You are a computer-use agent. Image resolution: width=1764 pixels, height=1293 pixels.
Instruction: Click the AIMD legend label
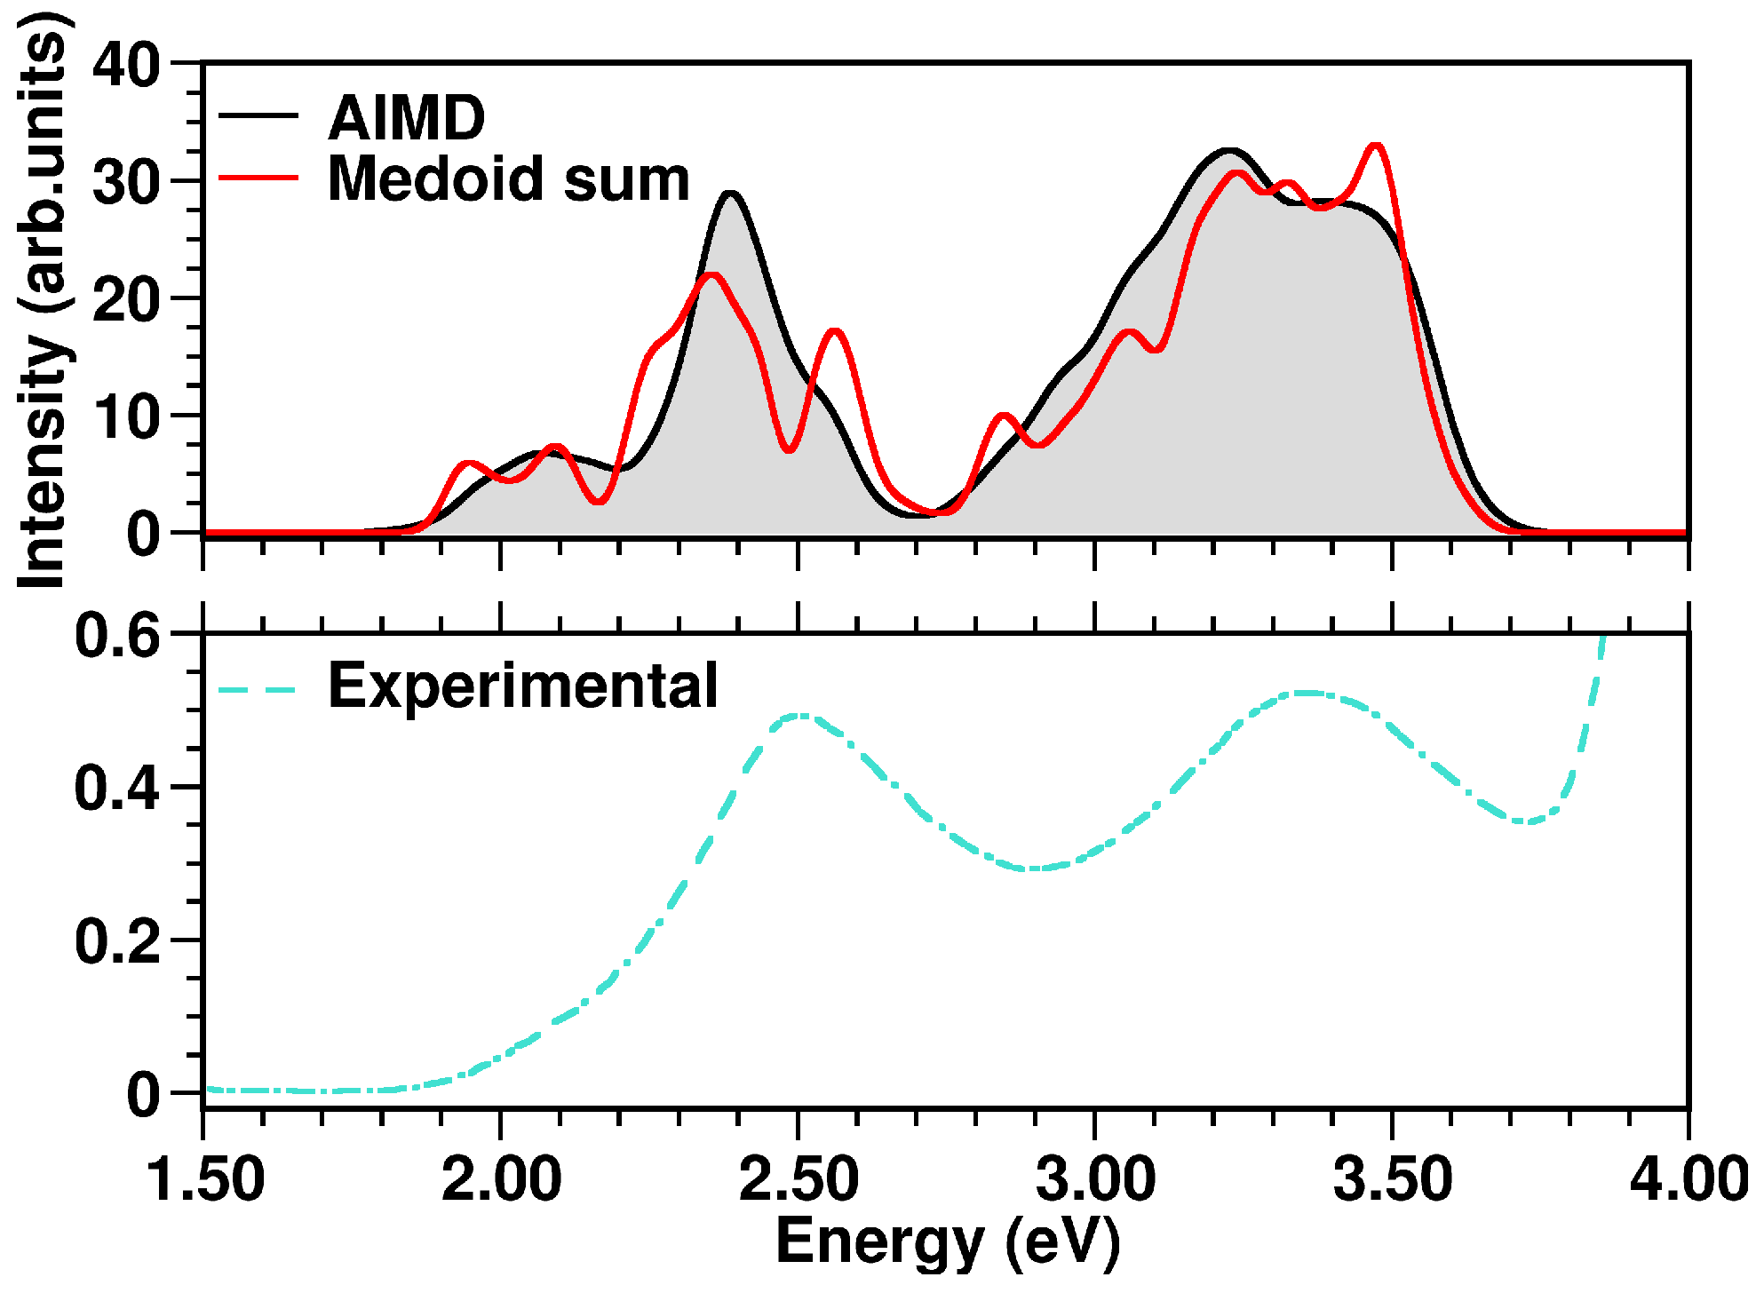(x=406, y=117)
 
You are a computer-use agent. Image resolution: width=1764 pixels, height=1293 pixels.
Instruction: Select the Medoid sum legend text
(x=508, y=179)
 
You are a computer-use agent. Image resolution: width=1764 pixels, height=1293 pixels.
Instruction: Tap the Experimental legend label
(x=522, y=686)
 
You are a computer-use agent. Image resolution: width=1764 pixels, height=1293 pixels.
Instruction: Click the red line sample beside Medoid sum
(x=258, y=178)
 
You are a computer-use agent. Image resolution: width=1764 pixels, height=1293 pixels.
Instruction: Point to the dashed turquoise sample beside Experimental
(x=258, y=690)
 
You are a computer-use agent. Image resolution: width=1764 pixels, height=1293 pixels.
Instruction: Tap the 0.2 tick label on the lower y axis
(x=117, y=941)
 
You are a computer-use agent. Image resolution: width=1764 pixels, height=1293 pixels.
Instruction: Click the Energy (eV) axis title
(x=947, y=1241)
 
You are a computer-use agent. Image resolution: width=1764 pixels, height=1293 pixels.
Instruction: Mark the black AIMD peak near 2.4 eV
(x=731, y=194)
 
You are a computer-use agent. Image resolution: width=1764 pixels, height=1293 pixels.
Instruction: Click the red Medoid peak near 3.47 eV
(x=1376, y=146)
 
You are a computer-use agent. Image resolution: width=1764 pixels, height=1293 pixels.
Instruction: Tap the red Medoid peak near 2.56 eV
(x=835, y=332)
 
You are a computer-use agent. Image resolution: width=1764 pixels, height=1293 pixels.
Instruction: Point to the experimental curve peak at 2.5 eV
(x=799, y=715)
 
